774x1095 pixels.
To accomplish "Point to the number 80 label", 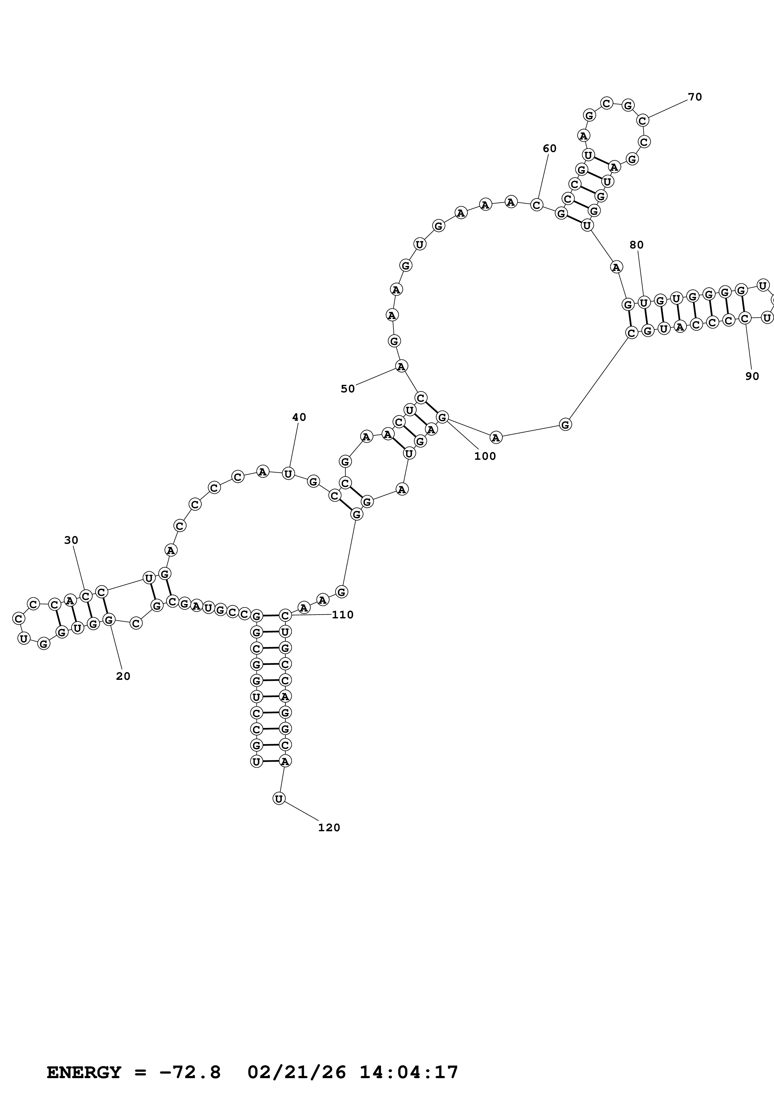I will coord(636,245).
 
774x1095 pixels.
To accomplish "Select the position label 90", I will coord(752,376).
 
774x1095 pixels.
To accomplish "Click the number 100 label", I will coord(485,456).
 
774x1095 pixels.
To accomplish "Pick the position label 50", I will coord(348,389).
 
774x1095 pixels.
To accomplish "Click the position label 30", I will coord(71,540).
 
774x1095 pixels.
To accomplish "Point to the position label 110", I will coord(343,615).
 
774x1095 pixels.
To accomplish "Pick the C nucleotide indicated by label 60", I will coord(536,205).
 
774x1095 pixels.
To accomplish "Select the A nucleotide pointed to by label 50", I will coord(402,366).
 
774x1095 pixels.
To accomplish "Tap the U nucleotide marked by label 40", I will coord(288,474).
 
